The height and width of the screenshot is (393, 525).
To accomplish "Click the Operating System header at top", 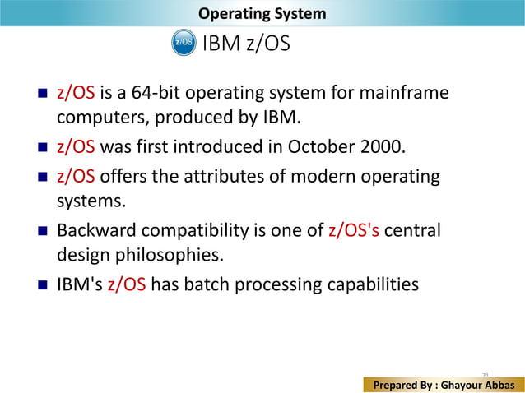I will point(262,14).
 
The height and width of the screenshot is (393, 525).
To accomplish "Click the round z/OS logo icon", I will point(183,43).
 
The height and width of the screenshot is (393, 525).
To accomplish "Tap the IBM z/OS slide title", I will point(246,44).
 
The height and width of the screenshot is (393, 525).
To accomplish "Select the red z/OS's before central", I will point(354,231).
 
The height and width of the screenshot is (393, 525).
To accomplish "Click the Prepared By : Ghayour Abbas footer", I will point(445,384).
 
